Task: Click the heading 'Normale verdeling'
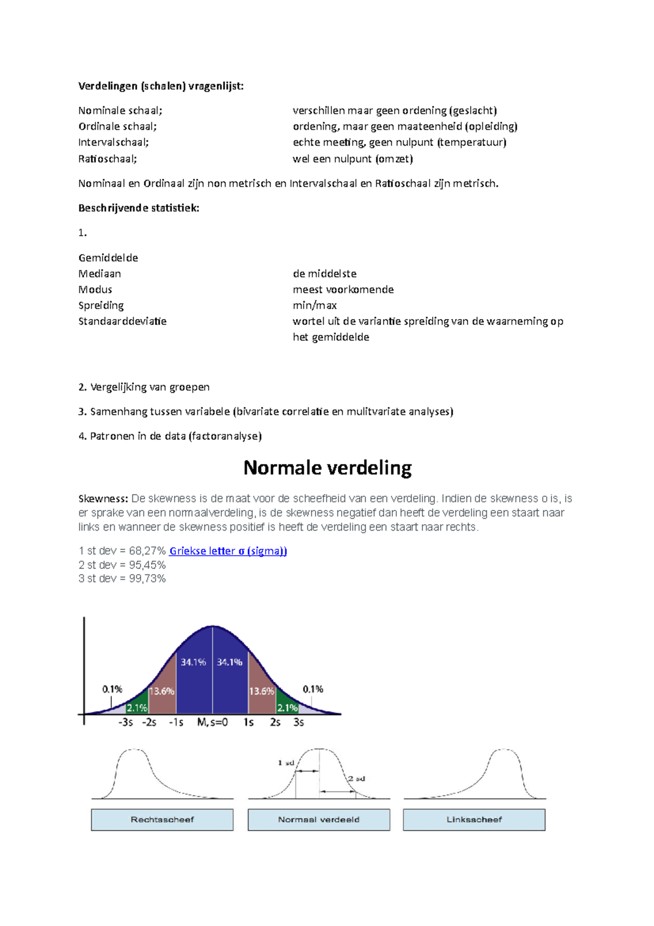click(327, 468)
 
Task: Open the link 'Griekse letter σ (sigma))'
click(228, 551)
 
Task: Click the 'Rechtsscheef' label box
click(162, 820)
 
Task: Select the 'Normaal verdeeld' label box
click(319, 820)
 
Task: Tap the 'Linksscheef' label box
click(474, 820)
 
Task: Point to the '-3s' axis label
click(125, 722)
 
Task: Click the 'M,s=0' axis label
click(213, 722)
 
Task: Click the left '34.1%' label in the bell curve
click(193, 662)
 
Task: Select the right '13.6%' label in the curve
click(262, 691)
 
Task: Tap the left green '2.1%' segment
click(137, 708)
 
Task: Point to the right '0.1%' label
click(313, 689)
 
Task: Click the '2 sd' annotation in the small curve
click(357, 779)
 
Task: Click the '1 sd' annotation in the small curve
click(286, 763)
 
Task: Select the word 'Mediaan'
click(100, 274)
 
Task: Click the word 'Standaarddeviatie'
click(123, 321)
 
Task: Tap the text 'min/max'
click(314, 305)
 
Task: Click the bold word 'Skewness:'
click(103, 498)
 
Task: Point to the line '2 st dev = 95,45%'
click(122, 565)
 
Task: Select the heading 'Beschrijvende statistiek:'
click(139, 208)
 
